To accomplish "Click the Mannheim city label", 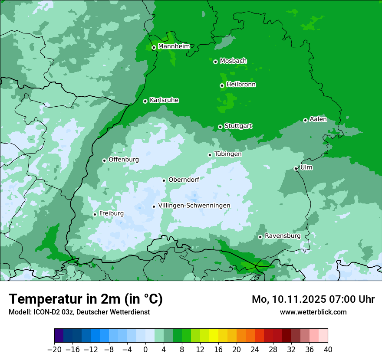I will click(x=174, y=46).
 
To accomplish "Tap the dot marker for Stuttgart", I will click(x=220, y=127).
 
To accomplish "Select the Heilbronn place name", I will click(x=241, y=85).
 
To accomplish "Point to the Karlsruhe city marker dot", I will click(x=145, y=101).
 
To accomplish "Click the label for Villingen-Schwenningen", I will click(x=194, y=206).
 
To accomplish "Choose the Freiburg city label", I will click(x=111, y=213).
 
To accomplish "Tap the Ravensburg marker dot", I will click(x=260, y=237).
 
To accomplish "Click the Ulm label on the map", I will click(x=306, y=167).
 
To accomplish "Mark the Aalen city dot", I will click(x=305, y=120).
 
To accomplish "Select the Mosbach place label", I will click(x=233, y=61).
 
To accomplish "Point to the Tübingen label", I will click(x=227, y=154).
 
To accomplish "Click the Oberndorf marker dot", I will click(x=164, y=180).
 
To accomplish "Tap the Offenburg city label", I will click(x=124, y=160).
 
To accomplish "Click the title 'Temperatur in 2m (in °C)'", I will click(x=86, y=299).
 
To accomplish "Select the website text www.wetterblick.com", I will click(x=313, y=312).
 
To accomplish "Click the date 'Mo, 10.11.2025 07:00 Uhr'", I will click(x=313, y=299).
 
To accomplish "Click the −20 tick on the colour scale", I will click(x=55, y=349).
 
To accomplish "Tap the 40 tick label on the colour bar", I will click(x=328, y=349).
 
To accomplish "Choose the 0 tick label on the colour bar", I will click(x=145, y=349).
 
